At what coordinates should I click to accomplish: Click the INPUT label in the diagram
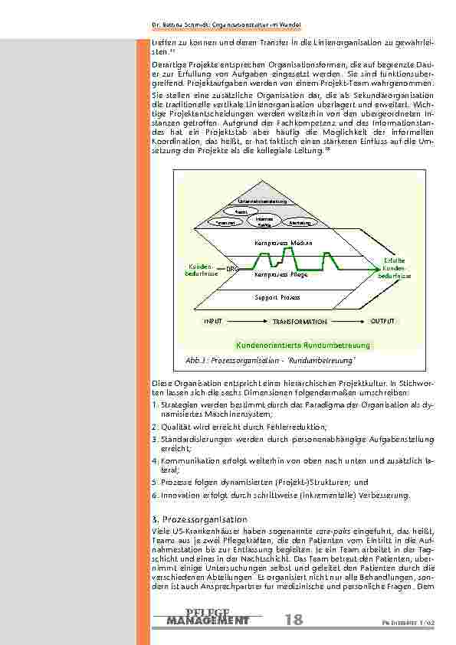coord(212,322)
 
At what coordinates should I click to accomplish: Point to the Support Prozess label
coord(277,296)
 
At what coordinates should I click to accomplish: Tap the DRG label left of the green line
coord(233,268)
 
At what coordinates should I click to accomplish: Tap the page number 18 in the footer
coord(293,620)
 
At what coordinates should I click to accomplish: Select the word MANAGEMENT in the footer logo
coord(208,620)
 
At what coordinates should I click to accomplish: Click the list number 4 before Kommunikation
coord(154,461)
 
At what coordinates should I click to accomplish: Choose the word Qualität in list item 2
coord(174,427)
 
